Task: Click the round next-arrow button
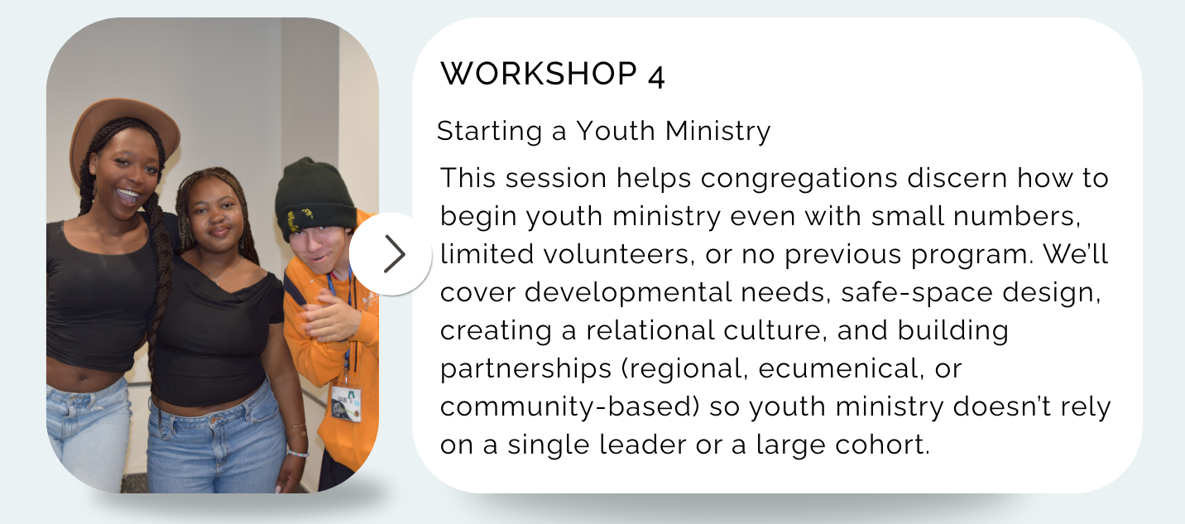[x=391, y=254]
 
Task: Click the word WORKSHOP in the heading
[x=539, y=74]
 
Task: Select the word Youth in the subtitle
[x=616, y=131]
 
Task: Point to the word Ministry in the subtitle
[x=718, y=132]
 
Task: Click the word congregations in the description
[x=799, y=179]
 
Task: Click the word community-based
[x=570, y=406]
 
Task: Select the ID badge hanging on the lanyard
[x=346, y=403]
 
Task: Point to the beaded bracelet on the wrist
[x=299, y=453]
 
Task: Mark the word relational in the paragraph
[x=650, y=330]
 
